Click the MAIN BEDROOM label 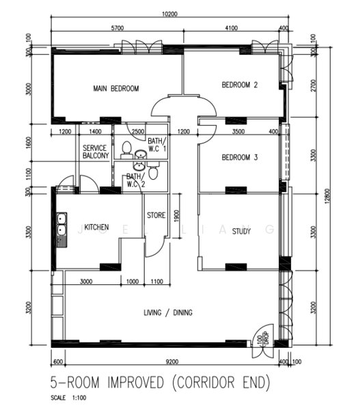tap(116, 88)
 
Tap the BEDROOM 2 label tap(240, 85)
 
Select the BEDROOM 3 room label tap(240, 157)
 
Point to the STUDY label tap(241, 231)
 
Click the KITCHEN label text tap(96, 227)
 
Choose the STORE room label tap(156, 215)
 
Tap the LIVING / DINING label tap(168, 312)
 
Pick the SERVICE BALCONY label tap(96, 152)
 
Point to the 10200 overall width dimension tap(169, 14)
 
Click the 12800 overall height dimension tap(328, 196)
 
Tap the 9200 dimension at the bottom tap(172, 361)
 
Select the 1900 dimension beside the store tap(176, 216)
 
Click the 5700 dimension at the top tap(117, 28)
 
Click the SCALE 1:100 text tap(68, 398)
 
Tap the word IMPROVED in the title tap(136, 383)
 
